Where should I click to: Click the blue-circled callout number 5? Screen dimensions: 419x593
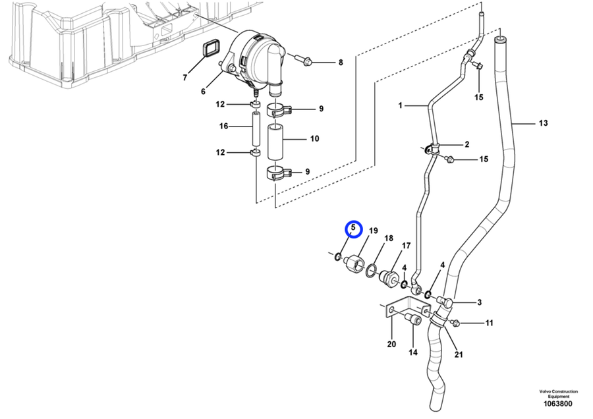pos(353,229)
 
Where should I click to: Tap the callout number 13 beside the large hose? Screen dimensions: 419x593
pos(543,123)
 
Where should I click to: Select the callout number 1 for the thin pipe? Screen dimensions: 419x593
pos(399,105)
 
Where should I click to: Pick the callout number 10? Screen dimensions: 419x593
pos(314,139)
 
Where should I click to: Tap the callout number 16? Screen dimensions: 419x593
pos(223,126)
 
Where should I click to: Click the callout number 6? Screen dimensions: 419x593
pos(203,92)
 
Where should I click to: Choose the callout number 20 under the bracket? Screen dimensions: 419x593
pos(391,345)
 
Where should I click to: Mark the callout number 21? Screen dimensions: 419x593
pos(459,354)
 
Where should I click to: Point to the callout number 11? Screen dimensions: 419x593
pos(489,323)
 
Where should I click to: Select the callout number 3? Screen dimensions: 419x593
pos(479,302)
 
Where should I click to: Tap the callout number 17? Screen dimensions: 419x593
pos(406,245)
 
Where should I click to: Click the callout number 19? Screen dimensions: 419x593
pos(373,231)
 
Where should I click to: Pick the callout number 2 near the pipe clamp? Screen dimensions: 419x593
pos(466,144)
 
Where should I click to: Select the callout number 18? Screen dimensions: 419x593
pos(388,238)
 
